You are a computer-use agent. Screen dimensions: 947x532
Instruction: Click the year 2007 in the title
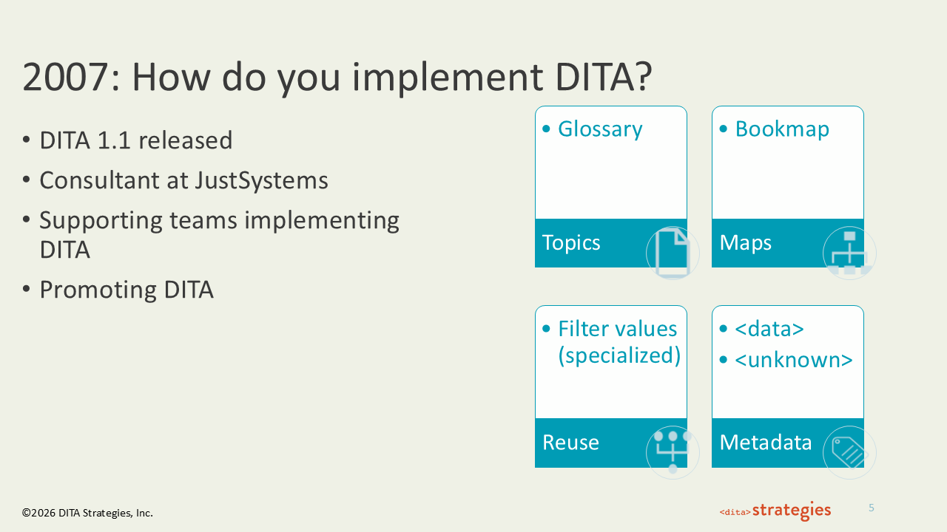pyautogui.click(x=66, y=78)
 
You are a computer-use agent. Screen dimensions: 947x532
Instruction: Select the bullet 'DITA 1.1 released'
pyautogui.click(x=136, y=140)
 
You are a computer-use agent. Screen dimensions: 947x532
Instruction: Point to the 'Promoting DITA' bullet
pyautogui.click(x=127, y=290)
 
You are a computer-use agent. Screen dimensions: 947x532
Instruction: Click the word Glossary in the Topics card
pyautogui.click(x=600, y=129)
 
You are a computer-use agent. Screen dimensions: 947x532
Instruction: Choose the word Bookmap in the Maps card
pyautogui.click(x=782, y=129)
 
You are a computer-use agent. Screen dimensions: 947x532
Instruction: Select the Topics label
pyautogui.click(x=571, y=243)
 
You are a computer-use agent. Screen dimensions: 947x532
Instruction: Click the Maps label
pyautogui.click(x=746, y=243)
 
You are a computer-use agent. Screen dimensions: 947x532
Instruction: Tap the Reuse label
pyautogui.click(x=570, y=443)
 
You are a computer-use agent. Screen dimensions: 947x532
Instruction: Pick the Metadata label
pyautogui.click(x=766, y=443)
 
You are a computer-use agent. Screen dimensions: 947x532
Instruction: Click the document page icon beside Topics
pyautogui.click(x=673, y=253)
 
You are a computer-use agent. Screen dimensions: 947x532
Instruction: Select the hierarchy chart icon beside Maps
pyautogui.click(x=849, y=253)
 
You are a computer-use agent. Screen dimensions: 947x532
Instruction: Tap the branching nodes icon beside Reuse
pyautogui.click(x=673, y=452)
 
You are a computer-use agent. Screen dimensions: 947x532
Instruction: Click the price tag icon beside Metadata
pyautogui.click(x=849, y=452)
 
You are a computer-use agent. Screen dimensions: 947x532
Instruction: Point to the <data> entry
pyautogui.click(x=769, y=330)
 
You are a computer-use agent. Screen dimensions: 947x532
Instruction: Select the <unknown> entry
pyautogui.click(x=794, y=361)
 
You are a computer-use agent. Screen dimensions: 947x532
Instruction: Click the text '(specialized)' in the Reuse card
pyautogui.click(x=619, y=355)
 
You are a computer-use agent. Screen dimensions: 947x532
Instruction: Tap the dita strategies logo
pyautogui.click(x=775, y=511)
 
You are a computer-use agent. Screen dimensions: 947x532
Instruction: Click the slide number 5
pyautogui.click(x=872, y=508)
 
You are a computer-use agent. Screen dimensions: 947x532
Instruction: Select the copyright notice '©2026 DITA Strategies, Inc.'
pyautogui.click(x=87, y=513)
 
